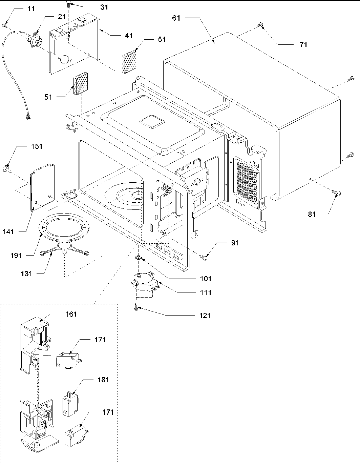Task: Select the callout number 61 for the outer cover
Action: pos(176,18)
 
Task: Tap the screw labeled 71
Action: pos(260,24)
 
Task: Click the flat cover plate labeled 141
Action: pos(42,187)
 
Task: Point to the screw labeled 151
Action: pos(6,168)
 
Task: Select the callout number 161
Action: pos(71,314)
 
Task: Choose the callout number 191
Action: pos(16,255)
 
